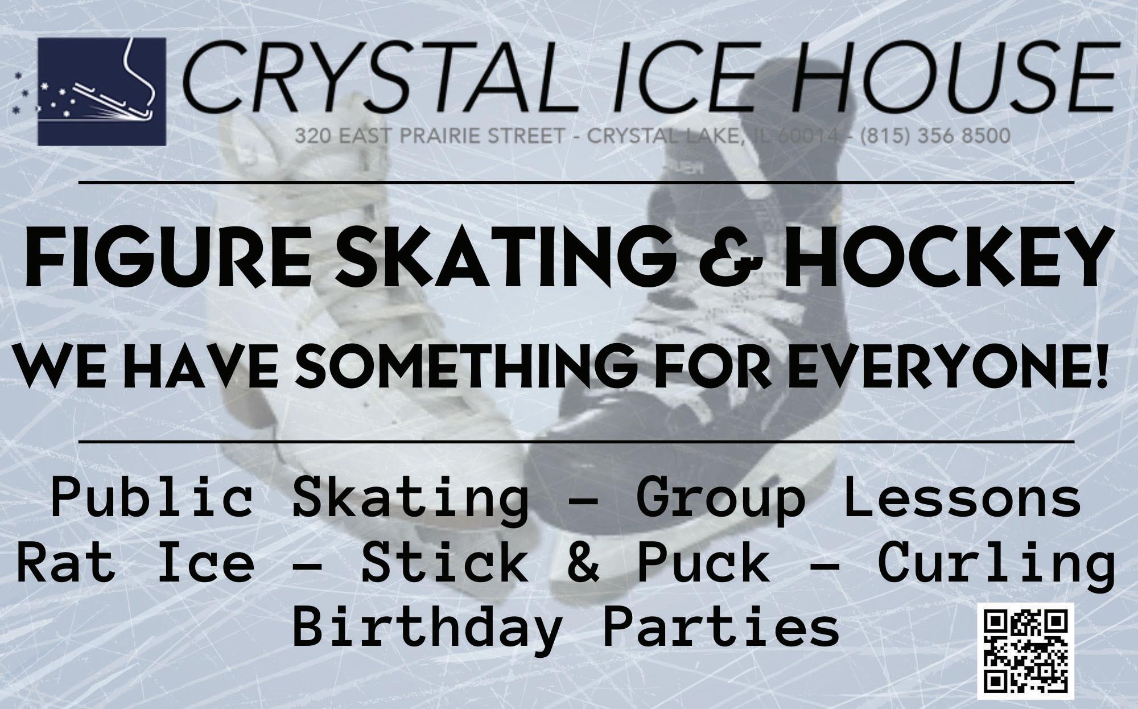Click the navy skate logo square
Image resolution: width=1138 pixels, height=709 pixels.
click(x=102, y=91)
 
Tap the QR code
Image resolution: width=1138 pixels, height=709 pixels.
click(x=1026, y=652)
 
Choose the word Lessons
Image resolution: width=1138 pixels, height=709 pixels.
click(x=962, y=498)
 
